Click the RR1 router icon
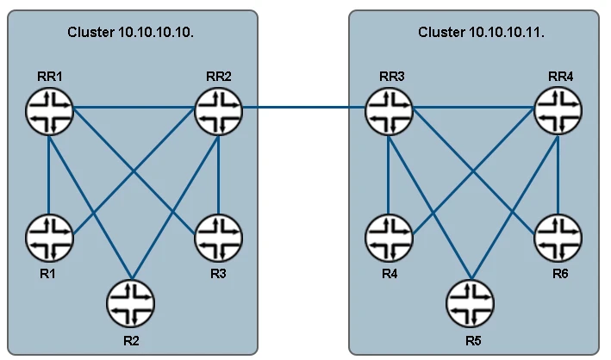(x=49, y=109)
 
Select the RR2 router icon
(x=219, y=109)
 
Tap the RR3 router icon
(x=389, y=109)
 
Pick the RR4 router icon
(x=558, y=109)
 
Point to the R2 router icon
(x=131, y=302)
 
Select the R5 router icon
(x=471, y=302)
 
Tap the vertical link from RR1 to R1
(x=49, y=172)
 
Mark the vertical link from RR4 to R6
(x=558, y=172)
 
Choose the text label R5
(x=471, y=340)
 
